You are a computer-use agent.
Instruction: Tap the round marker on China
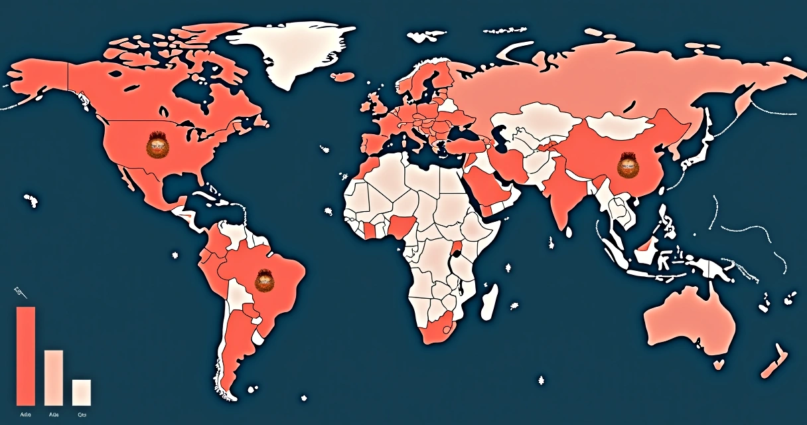tap(626, 164)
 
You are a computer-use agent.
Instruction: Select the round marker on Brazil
tap(265, 282)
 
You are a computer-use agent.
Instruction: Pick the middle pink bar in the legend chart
tap(54, 377)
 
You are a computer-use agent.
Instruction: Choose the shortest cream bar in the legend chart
tap(82, 392)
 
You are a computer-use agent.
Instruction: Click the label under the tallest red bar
tap(26, 414)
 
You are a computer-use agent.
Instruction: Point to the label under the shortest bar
tap(82, 414)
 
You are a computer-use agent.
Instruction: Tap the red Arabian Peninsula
tap(488, 189)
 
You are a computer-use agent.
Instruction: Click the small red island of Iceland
tap(343, 77)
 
